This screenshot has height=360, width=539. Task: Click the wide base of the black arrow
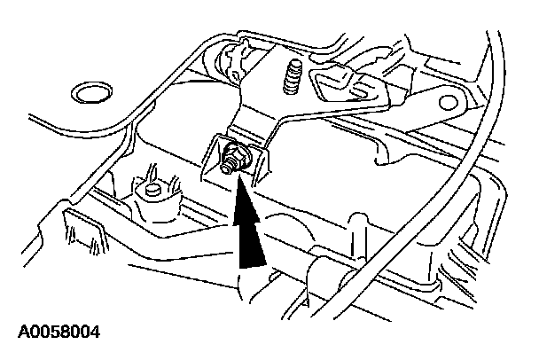pyautogui.click(x=252, y=259)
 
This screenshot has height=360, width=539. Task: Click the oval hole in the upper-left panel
pyautogui.click(x=90, y=92)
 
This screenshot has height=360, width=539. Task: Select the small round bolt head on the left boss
pyautogui.click(x=152, y=190)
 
